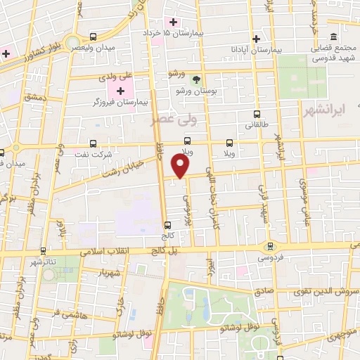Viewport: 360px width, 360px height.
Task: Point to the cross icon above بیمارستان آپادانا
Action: (257, 39)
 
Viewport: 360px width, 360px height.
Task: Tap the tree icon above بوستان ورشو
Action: (197, 79)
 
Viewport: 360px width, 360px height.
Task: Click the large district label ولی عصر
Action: (175, 120)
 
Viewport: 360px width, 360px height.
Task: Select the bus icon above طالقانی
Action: (257, 113)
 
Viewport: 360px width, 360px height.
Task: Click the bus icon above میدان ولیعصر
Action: (94, 36)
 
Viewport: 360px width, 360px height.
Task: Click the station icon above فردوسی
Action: (270, 246)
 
